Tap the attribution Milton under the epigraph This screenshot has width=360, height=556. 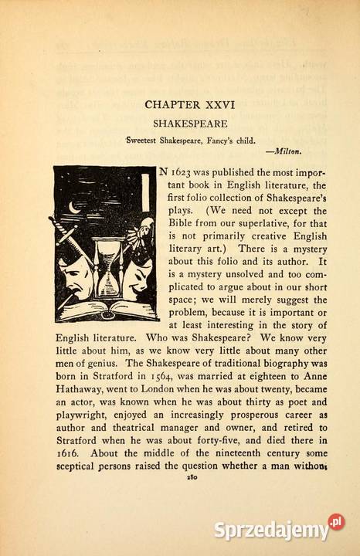tap(284, 151)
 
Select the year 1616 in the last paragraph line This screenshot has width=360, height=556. tap(69, 452)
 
